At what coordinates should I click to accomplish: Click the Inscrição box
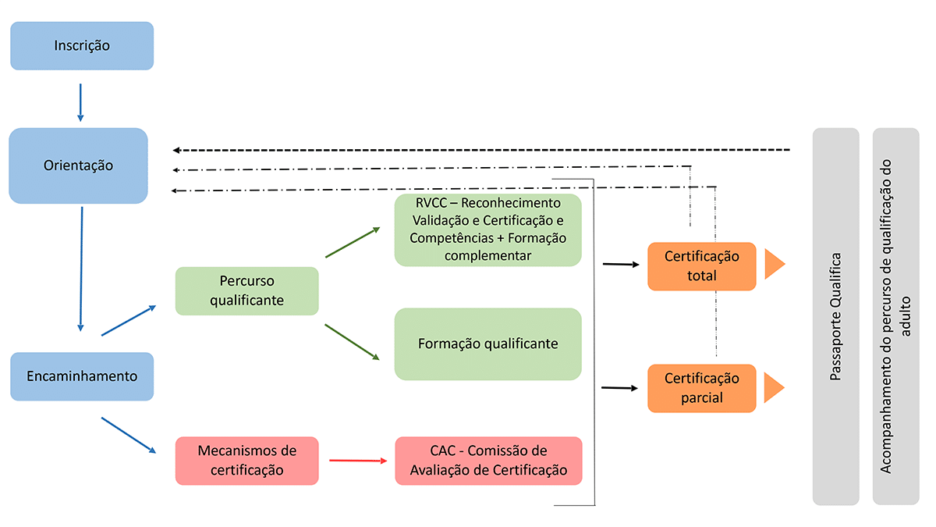click(81, 45)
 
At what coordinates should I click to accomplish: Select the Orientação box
click(78, 166)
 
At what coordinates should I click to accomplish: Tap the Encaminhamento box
click(81, 376)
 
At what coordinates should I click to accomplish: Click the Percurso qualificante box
click(246, 290)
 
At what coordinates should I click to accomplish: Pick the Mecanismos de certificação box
click(246, 461)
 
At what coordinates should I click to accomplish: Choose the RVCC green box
click(488, 230)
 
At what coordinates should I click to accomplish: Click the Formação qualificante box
click(488, 344)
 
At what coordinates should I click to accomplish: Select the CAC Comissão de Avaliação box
click(488, 461)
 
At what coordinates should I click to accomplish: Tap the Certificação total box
click(701, 266)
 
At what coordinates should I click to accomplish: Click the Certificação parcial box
click(701, 388)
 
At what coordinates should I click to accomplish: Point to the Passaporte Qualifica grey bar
click(835, 316)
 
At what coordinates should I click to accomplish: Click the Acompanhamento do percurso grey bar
click(895, 316)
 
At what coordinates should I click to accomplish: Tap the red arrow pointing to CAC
click(358, 461)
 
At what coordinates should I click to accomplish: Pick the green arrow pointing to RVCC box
click(353, 242)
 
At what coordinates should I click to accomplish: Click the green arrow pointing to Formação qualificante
click(353, 342)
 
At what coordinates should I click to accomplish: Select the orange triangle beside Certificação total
click(773, 265)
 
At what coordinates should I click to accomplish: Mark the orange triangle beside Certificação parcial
click(773, 387)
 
